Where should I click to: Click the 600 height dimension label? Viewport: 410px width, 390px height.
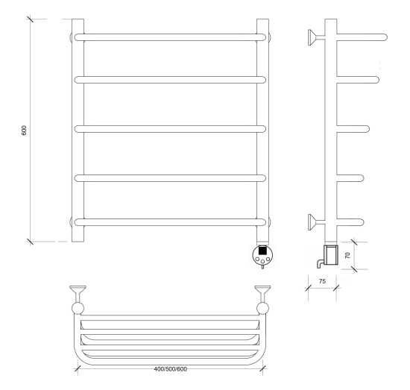(x=24, y=130)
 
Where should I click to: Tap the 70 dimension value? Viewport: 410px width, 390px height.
(x=347, y=255)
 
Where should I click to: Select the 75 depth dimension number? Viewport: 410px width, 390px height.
(x=322, y=281)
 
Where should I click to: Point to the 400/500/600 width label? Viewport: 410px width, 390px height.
(x=171, y=369)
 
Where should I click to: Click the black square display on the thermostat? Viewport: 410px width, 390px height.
(x=262, y=251)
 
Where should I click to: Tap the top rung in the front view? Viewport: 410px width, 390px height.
(x=170, y=37)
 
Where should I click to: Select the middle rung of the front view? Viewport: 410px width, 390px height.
(x=170, y=129)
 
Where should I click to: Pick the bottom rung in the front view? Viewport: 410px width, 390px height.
(x=170, y=222)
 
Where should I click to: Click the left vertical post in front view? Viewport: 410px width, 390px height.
(x=78, y=130)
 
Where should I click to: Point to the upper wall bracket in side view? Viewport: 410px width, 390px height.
(x=316, y=37)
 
